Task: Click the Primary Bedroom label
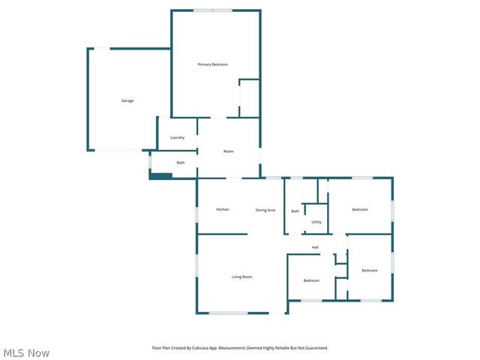[212, 64]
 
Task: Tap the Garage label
[127, 100]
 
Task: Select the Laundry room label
[177, 137]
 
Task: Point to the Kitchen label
[222, 208]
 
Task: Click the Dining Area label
[265, 210]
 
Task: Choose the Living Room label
[241, 277]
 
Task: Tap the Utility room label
[316, 222]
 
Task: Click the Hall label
[316, 247]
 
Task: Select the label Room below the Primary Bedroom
[229, 151]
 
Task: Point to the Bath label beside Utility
[295, 211]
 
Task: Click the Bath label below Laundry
[181, 163]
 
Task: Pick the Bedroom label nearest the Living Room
[311, 280]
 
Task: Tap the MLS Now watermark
[26, 352]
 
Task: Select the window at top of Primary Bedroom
[213, 10]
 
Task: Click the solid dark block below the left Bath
[161, 176]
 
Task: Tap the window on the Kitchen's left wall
[197, 214]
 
